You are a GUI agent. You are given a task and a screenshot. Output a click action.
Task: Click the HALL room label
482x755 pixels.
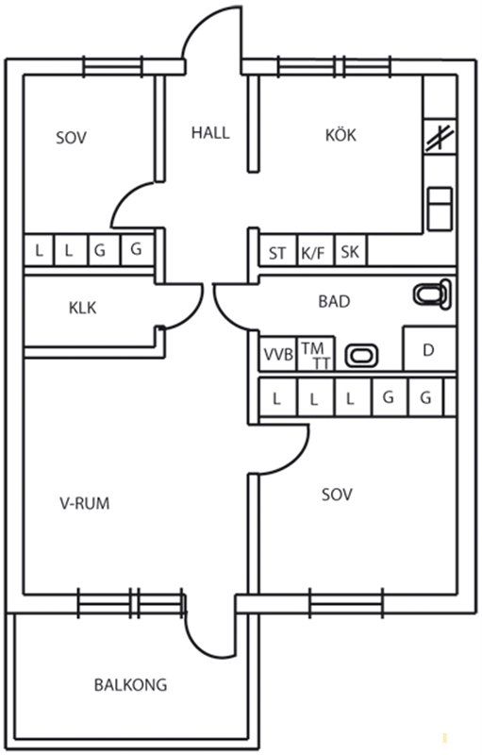(210, 132)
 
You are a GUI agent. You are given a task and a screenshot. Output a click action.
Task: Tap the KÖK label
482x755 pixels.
(341, 135)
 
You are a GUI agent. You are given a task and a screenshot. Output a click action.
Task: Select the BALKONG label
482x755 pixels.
(130, 685)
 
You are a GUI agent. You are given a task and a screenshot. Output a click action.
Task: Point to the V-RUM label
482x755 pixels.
(85, 503)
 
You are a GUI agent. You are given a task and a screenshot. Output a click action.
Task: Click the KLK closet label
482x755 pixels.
(83, 308)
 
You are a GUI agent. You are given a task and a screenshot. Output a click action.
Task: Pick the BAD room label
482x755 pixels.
(334, 301)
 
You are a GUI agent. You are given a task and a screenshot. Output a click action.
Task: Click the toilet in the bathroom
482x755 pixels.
(432, 294)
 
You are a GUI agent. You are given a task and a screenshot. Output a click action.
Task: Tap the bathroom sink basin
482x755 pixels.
(362, 356)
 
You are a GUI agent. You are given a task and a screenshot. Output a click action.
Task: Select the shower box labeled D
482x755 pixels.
(429, 349)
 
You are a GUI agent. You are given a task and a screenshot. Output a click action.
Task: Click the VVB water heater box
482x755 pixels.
(278, 354)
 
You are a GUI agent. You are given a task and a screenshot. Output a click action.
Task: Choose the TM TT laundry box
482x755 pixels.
(316, 354)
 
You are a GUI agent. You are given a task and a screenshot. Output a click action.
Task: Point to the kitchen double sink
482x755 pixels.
(440, 209)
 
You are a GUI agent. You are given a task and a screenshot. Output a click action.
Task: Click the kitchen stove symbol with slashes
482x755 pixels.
(440, 136)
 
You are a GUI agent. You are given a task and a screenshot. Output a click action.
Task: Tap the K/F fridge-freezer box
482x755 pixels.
(315, 250)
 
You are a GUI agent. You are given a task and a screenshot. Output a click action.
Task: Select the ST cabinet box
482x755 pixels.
(277, 250)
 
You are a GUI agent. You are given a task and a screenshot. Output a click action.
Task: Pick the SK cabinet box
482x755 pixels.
(350, 250)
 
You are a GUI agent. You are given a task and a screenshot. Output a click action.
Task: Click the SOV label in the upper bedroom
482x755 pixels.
(71, 138)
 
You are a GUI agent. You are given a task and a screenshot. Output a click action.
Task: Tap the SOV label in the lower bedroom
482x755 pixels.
(337, 495)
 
